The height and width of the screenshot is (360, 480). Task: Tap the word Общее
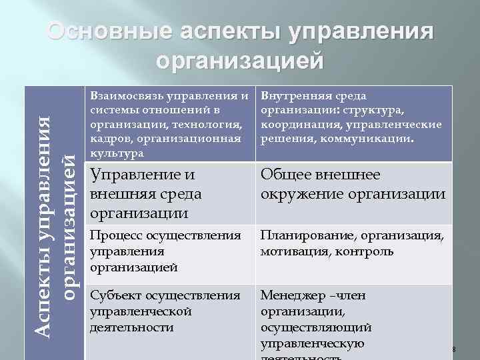point(285,175)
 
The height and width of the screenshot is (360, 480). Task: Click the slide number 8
point(453,349)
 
